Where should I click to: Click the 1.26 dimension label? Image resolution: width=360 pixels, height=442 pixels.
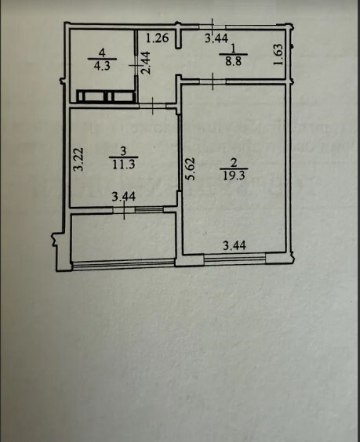(158, 38)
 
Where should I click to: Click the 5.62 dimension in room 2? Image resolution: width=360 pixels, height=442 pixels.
(190, 168)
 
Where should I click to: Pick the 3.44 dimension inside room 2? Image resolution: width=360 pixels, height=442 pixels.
(235, 246)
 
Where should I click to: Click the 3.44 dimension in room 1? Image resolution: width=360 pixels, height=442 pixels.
(216, 37)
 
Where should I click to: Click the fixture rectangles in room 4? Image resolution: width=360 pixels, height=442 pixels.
(105, 96)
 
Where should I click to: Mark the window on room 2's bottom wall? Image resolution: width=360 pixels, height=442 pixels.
(235, 257)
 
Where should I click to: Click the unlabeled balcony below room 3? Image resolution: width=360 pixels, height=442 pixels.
(122, 237)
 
